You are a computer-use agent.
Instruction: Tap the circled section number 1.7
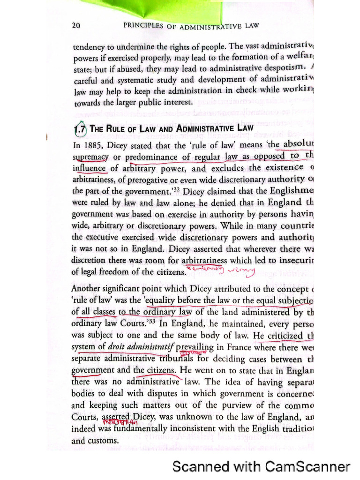point(80,128)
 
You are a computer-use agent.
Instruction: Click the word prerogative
point(169,179)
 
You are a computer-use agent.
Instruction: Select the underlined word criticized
point(285,336)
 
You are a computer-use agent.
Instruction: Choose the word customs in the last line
point(103,441)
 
